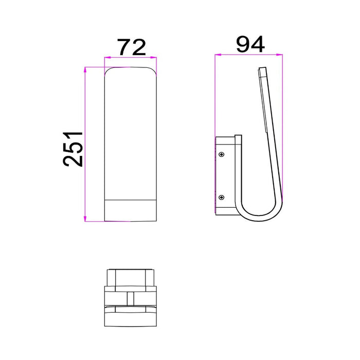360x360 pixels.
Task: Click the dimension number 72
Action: point(132,47)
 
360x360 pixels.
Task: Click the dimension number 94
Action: point(250,44)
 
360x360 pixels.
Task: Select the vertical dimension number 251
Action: point(73,149)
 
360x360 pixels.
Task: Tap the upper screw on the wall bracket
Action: point(221,154)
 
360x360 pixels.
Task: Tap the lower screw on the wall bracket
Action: point(221,197)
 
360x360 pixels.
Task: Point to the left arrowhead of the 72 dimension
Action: point(107,58)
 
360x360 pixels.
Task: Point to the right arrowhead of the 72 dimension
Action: point(154,58)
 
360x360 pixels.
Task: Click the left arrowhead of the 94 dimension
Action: point(218,55)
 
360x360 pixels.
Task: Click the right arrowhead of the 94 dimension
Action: point(279,55)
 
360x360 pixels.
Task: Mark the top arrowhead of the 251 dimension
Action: point(85,70)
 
